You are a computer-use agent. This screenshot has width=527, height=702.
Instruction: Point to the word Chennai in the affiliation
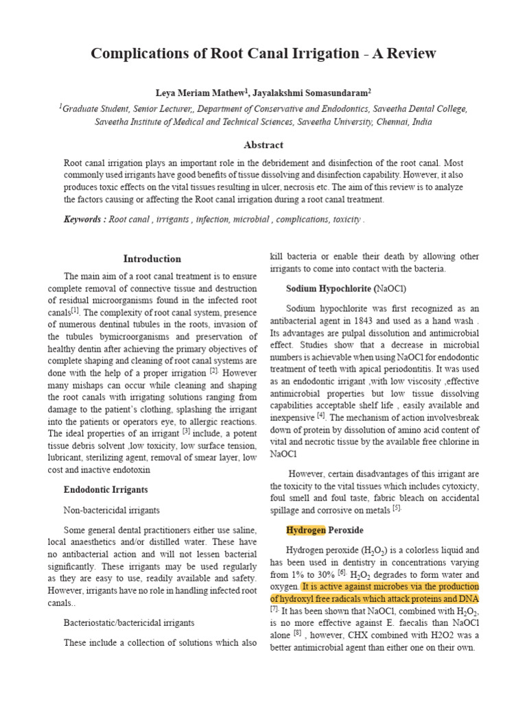[395, 121]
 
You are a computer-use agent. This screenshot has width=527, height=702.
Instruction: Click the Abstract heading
[263, 145]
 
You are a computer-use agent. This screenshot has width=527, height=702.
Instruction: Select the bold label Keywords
[84, 219]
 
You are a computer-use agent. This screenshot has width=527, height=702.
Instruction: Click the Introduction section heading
[152, 258]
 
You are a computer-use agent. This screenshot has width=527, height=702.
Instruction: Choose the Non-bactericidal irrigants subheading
[112, 510]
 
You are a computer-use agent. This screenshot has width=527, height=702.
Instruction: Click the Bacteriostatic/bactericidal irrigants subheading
[129, 622]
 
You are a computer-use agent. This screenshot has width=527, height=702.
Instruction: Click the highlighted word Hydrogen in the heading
[305, 531]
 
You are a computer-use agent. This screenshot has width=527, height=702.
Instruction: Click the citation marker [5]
[396, 509]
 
